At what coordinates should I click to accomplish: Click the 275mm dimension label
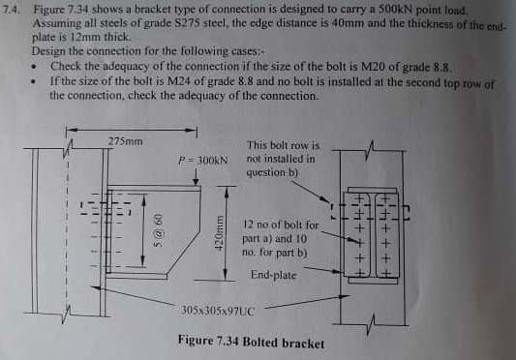point(126,141)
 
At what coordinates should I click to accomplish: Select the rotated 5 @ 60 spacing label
point(161,230)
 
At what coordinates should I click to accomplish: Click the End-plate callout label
point(274,275)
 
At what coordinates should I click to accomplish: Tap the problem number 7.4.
point(14,9)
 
